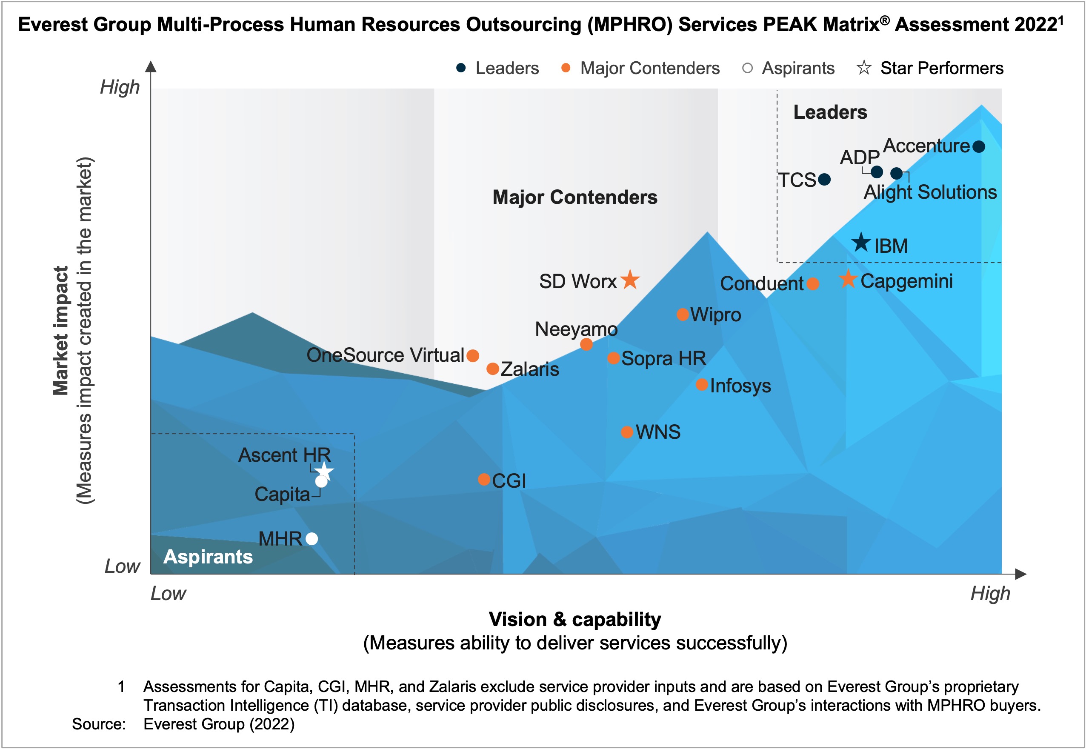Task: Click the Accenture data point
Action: [978, 147]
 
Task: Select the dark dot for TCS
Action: [824, 179]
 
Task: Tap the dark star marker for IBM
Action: [861, 243]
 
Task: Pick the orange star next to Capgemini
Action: [848, 279]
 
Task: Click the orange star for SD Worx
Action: [630, 280]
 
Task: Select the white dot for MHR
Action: [312, 538]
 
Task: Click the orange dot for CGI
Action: [484, 479]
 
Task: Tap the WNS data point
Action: [627, 432]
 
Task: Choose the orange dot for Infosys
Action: [702, 385]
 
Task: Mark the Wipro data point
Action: [683, 314]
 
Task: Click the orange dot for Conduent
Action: [813, 283]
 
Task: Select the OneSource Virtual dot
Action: [473, 356]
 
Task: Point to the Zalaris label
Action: [530, 369]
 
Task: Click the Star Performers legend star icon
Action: [864, 68]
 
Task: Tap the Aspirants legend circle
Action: [748, 69]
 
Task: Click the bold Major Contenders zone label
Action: [575, 197]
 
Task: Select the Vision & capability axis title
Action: [575, 620]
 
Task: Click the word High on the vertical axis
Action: [120, 87]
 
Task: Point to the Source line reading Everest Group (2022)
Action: [219, 724]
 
